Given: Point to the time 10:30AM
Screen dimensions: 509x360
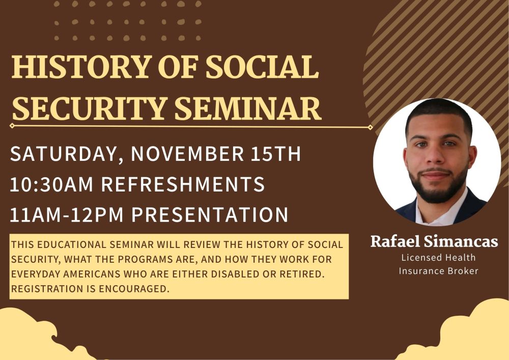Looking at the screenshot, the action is tap(51, 184).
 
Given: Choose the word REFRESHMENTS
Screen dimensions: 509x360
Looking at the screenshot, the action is tap(183, 184).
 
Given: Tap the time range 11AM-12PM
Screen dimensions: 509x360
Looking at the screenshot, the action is tap(67, 214).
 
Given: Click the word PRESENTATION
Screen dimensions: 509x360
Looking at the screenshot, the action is tap(210, 214).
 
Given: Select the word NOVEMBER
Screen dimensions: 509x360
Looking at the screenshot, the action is tap(187, 154).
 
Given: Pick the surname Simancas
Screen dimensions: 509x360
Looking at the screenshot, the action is tap(461, 241).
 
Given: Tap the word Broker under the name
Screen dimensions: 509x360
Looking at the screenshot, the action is tap(462, 271).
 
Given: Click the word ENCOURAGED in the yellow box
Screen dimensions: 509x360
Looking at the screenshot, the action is tap(134, 289).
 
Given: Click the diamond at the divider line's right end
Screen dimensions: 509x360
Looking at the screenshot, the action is tap(370, 128).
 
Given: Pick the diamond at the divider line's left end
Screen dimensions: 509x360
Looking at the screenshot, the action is tap(12, 126).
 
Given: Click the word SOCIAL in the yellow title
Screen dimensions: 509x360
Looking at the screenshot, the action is tap(262, 67).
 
